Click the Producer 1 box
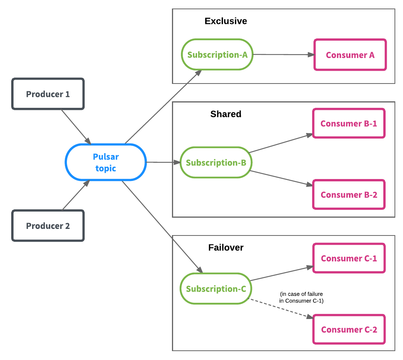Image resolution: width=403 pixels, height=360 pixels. click(x=48, y=94)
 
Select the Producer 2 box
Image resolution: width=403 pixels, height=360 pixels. click(x=48, y=226)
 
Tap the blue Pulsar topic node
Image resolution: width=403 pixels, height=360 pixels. click(x=105, y=162)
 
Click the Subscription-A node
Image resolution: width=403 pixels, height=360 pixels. click(x=217, y=55)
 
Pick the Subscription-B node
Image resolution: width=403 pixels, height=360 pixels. click(x=216, y=162)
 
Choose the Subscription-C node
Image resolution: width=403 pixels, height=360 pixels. click(x=216, y=289)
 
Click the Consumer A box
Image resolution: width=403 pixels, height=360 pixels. click(x=350, y=55)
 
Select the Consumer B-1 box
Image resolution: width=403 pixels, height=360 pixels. click(x=349, y=124)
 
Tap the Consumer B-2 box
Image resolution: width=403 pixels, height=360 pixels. click(x=349, y=195)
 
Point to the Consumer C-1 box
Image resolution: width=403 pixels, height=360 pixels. click(x=349, y=258)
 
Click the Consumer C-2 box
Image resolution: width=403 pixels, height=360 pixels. click(x=349, y=329)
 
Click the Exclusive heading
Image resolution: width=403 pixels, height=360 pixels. click(x=226, y=21)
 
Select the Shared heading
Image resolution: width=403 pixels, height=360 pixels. click(x=226, y=114)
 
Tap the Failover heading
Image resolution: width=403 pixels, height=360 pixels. click(x=226, y=247)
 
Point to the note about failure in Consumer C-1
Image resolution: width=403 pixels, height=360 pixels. click(x=301, y=297)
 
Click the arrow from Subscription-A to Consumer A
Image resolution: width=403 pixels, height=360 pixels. click(x=283, y=55)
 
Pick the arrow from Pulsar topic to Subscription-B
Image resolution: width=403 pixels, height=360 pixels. click(x=163, y=162)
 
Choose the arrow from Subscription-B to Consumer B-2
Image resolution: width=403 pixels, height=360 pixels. click(x=281, y=178)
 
